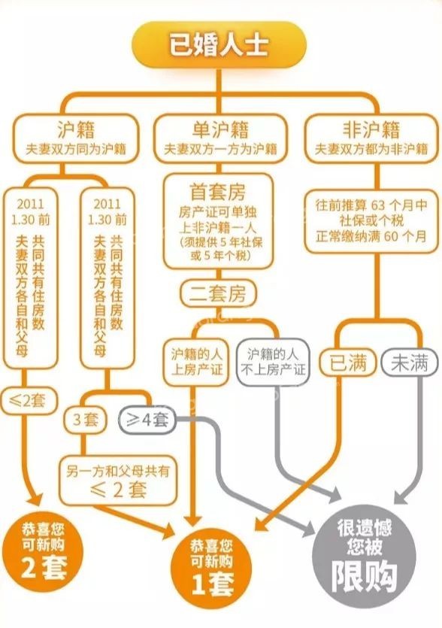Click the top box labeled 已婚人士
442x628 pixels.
point(219,45)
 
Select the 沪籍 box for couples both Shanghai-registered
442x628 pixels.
point(76,138)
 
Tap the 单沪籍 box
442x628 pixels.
point(220,138)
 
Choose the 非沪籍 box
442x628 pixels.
point(371,138)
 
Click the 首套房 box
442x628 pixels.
point(218,220)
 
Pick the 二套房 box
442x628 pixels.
point(218,293)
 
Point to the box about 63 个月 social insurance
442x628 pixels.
point(371,220)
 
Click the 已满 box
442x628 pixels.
point(348,363)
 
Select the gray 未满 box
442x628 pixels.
point(409,363)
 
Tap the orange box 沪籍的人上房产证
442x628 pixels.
point(196,363)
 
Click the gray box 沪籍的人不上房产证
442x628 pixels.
point(273,363)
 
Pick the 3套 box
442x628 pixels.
point(86,420)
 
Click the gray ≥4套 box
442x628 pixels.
point(147,420)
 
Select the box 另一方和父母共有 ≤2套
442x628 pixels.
point(118,481)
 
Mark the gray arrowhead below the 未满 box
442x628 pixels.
point(402,496)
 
